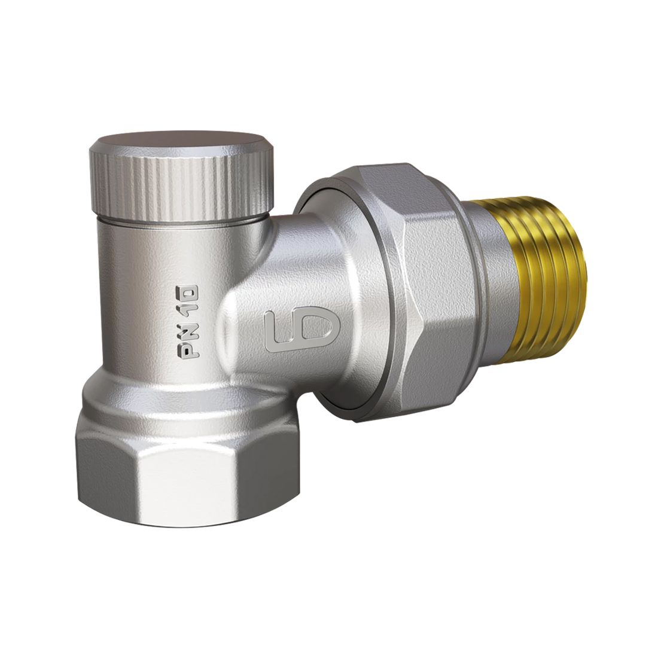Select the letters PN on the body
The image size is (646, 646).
189,338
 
